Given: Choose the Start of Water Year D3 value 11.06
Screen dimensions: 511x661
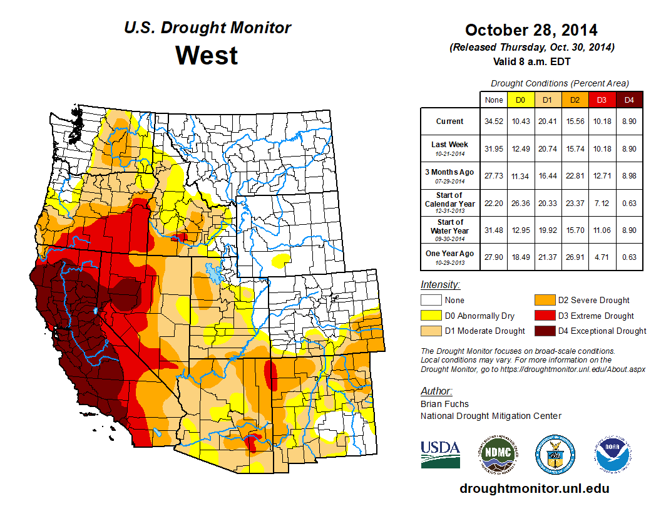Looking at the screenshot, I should click(602, 230).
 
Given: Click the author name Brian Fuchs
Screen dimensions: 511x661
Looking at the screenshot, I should click(444, 404).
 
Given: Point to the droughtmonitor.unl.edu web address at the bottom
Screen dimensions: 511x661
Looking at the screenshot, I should click(534, 488).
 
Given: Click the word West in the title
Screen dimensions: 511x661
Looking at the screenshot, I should click(207, 55).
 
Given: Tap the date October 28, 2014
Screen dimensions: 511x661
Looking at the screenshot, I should click(531, 30).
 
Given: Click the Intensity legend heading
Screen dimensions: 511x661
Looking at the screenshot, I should click(440, 285).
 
